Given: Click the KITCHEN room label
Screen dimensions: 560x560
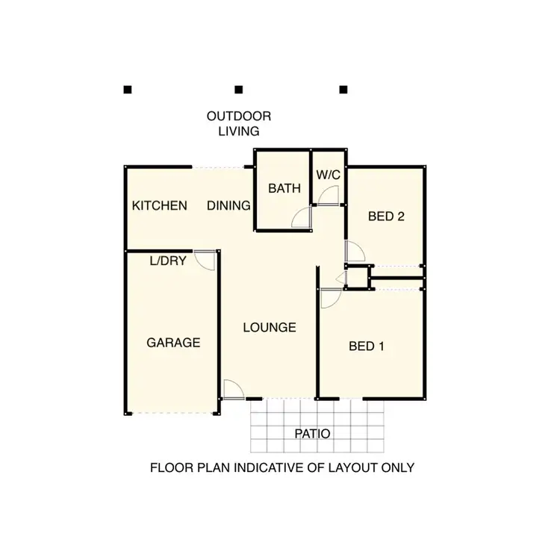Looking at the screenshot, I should tap(159, 205).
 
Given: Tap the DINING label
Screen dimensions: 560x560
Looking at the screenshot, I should tap(228, 205).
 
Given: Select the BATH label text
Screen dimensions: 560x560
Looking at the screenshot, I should tap(284, 188).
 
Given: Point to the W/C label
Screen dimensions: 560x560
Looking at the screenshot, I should tap(328, 175).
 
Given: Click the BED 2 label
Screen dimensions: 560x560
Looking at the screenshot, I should tap(386, 217).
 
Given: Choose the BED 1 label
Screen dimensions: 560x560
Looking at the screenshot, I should tap(367, 346).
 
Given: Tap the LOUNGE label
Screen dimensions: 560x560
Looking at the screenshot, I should tap(270, 327).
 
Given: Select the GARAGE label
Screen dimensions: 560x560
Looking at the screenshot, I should tap(172, 343).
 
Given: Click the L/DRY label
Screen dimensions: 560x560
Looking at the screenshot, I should tap(168, 261).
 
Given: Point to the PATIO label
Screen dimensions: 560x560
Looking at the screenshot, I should tap(311, 433).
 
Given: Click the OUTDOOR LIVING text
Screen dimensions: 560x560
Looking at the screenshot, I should tap(239, 123).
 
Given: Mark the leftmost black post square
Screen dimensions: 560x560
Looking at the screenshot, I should tap(128, 90).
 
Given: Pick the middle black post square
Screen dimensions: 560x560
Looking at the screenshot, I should tap(239, 90).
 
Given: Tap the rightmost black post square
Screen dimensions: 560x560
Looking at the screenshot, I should tap(343, 90).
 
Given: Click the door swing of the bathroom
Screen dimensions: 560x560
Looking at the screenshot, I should tap(301, 217).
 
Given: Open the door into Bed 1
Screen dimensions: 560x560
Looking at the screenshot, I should tap(329, 298).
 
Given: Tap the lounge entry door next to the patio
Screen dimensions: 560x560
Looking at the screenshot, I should tap(233, 389).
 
